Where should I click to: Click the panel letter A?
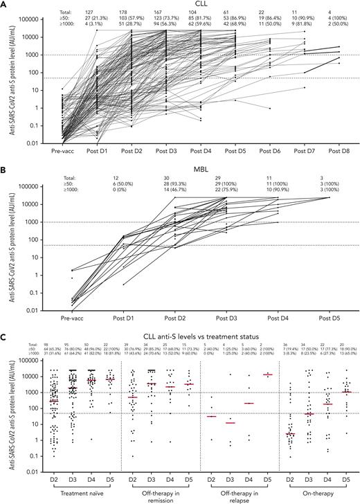pyautogui.click(x=5, y=5)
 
